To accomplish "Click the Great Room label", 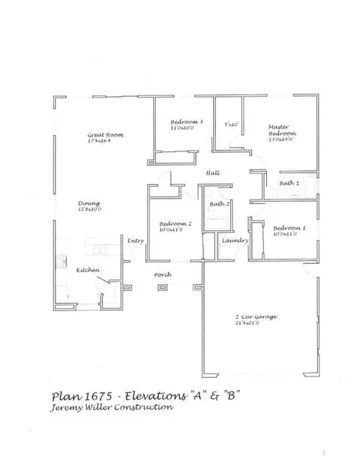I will (105, 135).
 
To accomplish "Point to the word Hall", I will (212, 174).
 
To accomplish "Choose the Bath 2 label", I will (219, 204).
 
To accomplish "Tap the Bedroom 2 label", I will (172, 223).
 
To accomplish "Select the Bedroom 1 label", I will (289, 228).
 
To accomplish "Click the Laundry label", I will (230, 241).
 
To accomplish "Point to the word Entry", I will (135, 241).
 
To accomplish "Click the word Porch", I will (163, 275).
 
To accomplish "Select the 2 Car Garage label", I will (256, 317).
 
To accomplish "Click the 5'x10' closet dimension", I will (231, 124).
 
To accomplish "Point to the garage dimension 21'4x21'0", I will (256, 324).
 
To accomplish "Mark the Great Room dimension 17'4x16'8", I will (105, 141).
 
